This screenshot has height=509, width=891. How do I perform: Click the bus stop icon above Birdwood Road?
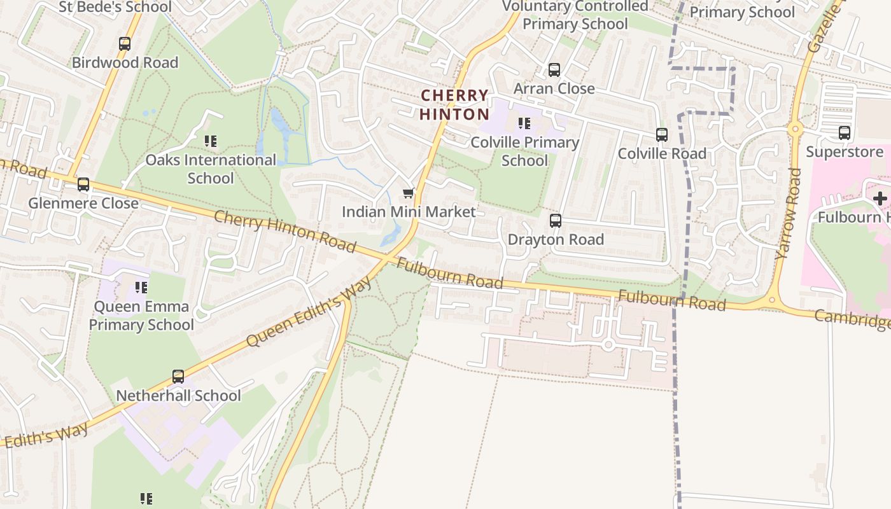point(125,44)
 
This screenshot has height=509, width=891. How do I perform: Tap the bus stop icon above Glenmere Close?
point(83,185)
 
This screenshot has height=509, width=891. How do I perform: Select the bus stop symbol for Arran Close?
point(554,70)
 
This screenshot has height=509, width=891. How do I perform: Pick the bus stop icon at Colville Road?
point(662,135)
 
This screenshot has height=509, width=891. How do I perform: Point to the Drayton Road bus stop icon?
point(556,221)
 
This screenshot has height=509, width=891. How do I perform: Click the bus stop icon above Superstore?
point(845,133)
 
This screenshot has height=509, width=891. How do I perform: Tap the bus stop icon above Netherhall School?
point(178,377)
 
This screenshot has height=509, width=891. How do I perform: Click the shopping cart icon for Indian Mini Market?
point(409,193)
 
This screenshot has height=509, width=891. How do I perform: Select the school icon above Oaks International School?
point(210,141)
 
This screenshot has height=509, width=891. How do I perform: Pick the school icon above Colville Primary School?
point(524,123)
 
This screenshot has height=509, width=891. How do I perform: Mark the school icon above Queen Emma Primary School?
point(141,288)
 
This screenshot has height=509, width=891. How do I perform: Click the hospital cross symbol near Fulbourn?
point(880,199)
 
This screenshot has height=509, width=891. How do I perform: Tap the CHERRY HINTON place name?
point(454,105)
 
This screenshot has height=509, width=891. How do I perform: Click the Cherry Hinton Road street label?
point(284,230)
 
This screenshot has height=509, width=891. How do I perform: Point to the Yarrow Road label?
point(789,213)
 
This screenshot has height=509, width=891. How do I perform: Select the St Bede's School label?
point(115,8)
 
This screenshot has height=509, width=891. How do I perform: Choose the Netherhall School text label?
point(178,396)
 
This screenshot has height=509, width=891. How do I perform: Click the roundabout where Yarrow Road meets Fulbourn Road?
point(772,300)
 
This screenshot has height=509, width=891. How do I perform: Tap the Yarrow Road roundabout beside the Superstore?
point(794,129)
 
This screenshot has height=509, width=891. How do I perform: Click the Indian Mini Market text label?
point(409,212)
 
